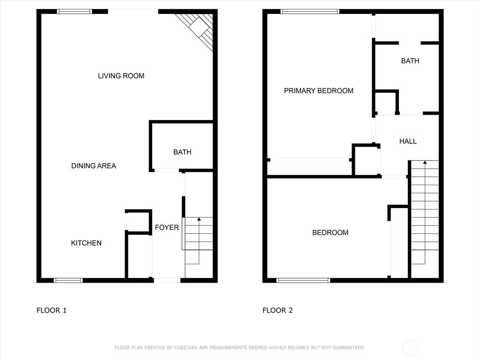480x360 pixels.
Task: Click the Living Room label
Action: (x=121, y=76)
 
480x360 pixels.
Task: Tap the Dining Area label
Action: (x=93, y=166)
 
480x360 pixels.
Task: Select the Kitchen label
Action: (x=86, y=243)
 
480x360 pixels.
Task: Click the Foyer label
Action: (x=167, y=227)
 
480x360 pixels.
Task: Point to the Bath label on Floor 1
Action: (x=182, y=152)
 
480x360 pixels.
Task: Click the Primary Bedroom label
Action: (x=319, y=91)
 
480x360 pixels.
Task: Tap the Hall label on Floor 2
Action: (x=408, y=141)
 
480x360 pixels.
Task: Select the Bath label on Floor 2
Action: (x=410, y=61)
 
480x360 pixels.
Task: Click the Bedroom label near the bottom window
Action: (x=330, y=232)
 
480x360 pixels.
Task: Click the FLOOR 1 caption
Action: (x=52, y=310)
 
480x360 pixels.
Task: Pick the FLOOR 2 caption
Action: (x=277, y=310)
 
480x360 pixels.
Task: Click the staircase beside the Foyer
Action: (x=199, y=247)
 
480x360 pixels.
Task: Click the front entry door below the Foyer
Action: (x=167, y=280)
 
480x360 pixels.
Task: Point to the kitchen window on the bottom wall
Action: (x=68, y=280)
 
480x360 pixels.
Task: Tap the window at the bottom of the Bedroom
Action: (x=303, y=280)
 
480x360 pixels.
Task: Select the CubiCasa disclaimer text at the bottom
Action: (x=240, y=347)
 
